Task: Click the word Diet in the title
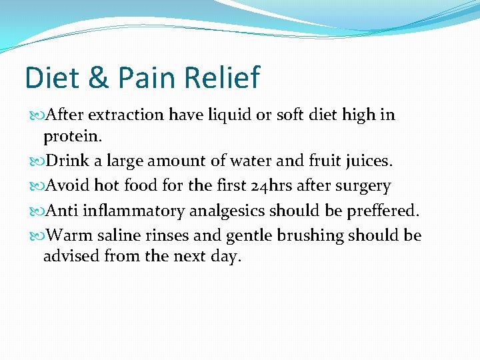pos(51,77)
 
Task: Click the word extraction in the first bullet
pos(126,115)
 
